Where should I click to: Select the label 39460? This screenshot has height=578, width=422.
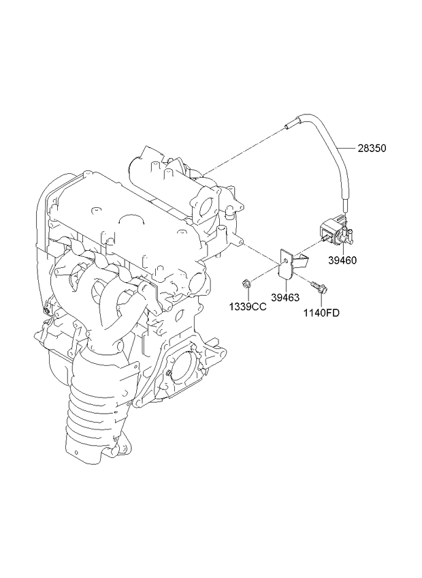click(x=342, y=260)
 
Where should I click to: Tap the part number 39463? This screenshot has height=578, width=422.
click(x=286, y=297)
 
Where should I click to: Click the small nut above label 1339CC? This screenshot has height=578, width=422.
click(x=248, y=282)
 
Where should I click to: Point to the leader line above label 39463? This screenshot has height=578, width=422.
click(x=286, y=285)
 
